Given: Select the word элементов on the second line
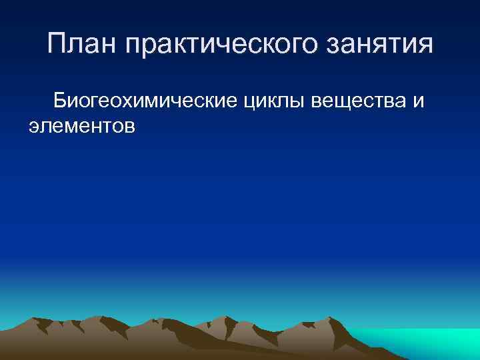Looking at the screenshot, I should [82, 125].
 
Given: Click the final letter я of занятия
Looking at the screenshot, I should [425, 46].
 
